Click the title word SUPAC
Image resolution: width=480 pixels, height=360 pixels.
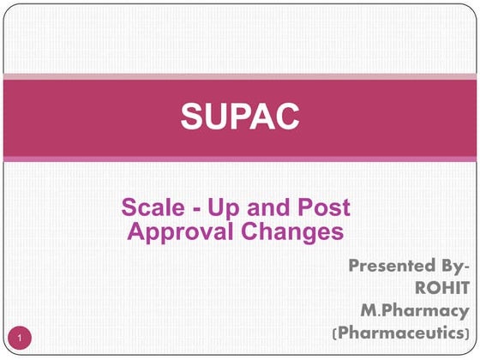tap(239, 115)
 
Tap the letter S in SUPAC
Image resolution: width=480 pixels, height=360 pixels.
tap(192, 115)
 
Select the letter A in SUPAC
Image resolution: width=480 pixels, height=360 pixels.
tap(263, 115)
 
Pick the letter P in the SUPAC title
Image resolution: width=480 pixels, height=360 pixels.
tap(240, 115)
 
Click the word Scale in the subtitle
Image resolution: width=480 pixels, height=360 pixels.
tap(148, 207)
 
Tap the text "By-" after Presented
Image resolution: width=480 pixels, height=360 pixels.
tap(452, 266)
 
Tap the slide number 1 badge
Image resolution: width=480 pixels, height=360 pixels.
tap(21, 338)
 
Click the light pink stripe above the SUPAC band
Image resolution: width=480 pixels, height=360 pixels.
tap(240, 78)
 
